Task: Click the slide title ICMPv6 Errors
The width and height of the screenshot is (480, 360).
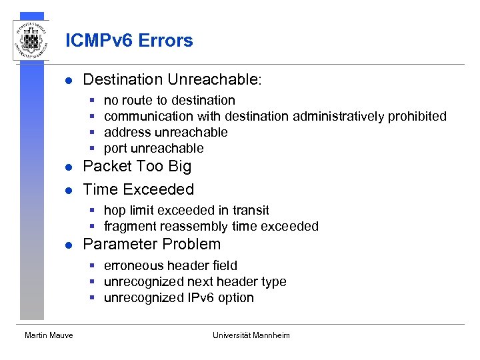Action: (129, 41)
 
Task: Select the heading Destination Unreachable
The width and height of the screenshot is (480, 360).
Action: (172, 80)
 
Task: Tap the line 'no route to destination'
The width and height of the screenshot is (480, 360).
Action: (169, 101)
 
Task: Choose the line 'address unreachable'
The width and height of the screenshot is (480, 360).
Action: (165, 133)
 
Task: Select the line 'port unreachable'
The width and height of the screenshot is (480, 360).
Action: (153, 149)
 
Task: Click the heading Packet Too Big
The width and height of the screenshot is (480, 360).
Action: (137, 167)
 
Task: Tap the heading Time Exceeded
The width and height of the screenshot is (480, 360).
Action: (138, 189)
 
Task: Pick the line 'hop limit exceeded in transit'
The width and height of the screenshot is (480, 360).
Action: (186, 211)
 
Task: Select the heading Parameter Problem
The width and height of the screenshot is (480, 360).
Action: (151, 244)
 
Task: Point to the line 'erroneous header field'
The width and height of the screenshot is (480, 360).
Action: (170, 266)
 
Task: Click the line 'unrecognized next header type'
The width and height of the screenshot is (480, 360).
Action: (195, 282)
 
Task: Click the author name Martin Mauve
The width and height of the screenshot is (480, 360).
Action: (49, 335)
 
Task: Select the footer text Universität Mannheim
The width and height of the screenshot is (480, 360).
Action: (251, 335)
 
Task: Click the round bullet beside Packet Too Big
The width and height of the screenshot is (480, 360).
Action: (67, 167)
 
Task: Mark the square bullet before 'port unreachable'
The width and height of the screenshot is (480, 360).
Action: (93, 149)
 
